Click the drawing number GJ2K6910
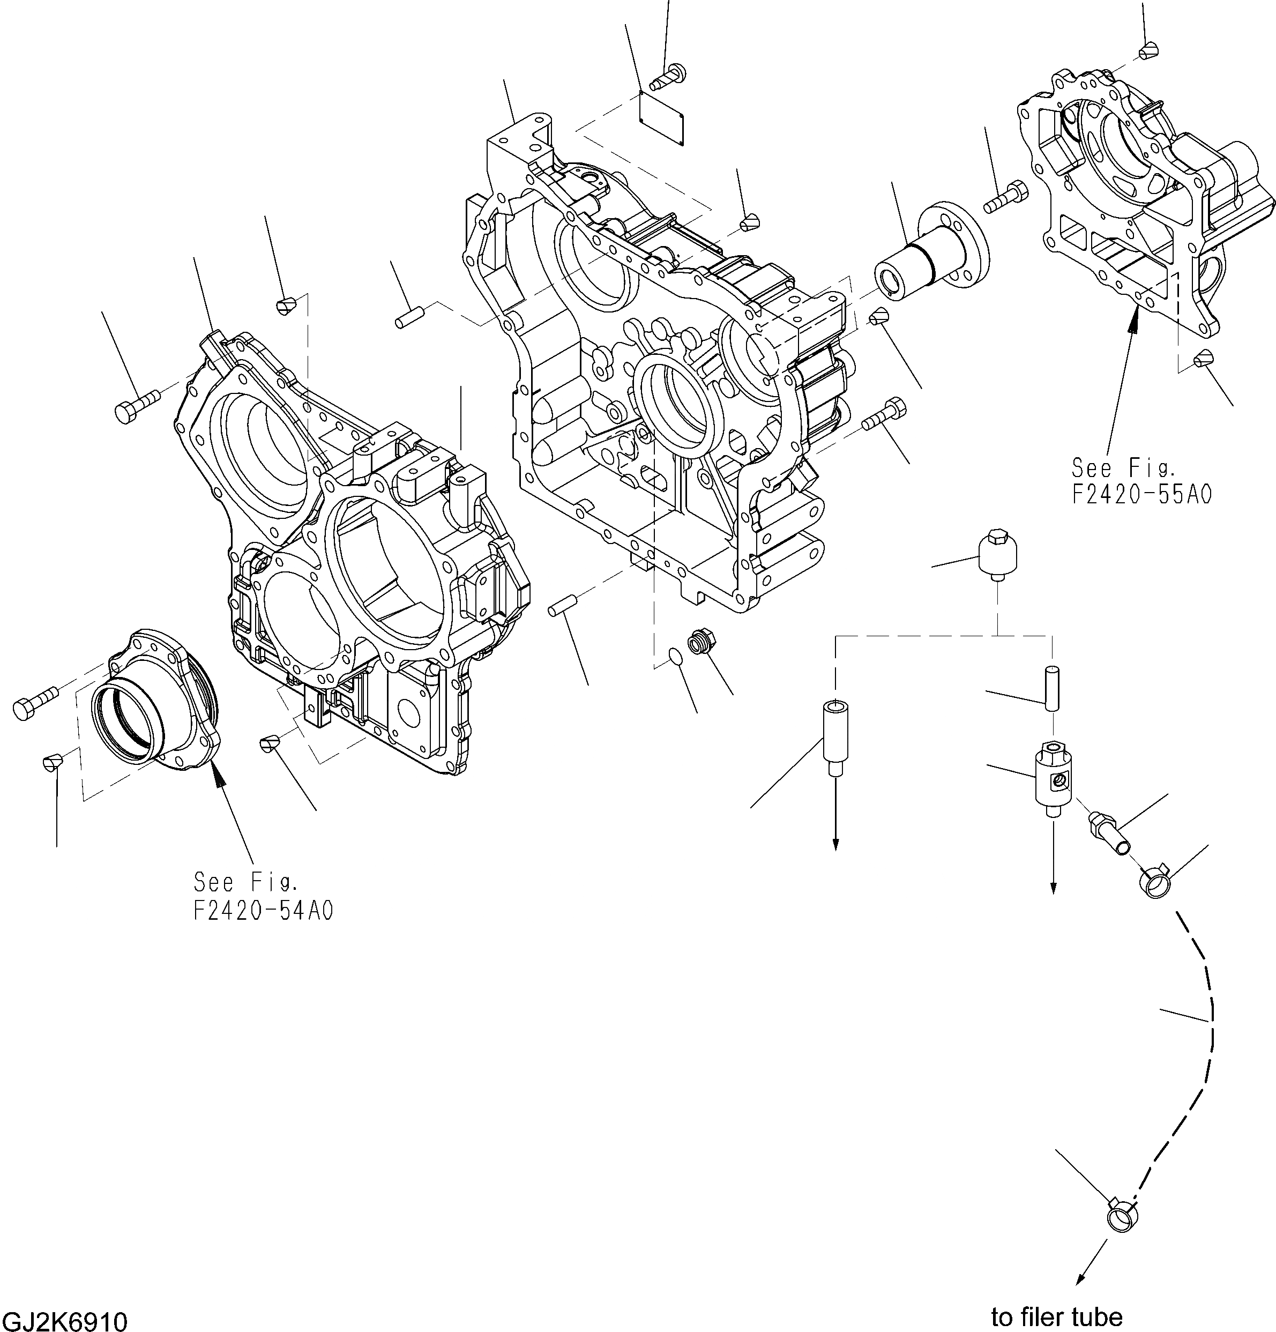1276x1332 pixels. (64, 1320)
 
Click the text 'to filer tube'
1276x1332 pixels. (1056, 1316)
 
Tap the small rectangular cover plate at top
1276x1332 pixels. (662, 117)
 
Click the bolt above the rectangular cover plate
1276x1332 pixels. (669, 76)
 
